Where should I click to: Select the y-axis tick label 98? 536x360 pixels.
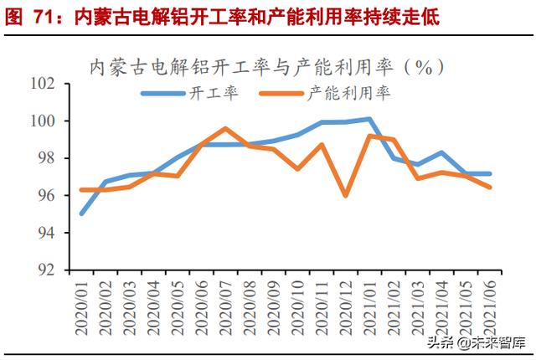click(x=48, y=158)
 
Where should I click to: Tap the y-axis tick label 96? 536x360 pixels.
click(x=48, y=195)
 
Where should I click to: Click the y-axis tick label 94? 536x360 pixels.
click(x=48, y=233)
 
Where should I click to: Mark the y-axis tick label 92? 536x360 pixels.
click(x=48, y=270)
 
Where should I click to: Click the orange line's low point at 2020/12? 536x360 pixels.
click(x=345, y=195)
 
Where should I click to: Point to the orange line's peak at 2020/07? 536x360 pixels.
click(x=225, y=128)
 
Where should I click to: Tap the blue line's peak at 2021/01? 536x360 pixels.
click(x=369, y=119)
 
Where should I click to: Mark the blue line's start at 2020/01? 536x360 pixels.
click(x=81, y=213)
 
